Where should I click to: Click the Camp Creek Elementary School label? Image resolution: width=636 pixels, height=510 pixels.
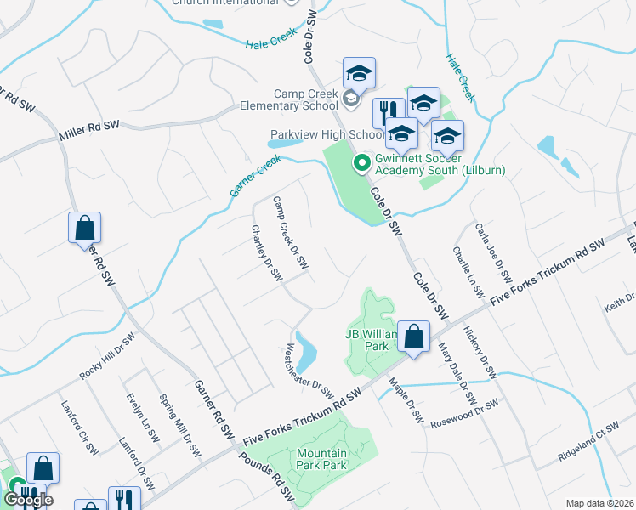pyautogui.click(x=306, y=99)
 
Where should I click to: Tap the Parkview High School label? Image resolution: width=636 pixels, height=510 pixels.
pyautogui.click(x=327, y=134)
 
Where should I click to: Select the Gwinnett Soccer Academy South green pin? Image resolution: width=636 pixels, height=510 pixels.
pyautogui.click(x=361, y=161)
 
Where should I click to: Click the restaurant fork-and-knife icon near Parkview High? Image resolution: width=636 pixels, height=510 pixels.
pyautogui.click(x=388, y=112)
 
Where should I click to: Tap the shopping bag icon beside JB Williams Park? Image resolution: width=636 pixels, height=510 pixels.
pyautogui.click(x=413, y=337)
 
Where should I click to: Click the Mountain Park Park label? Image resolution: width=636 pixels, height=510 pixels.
pyautogui.click(x=321, y=459)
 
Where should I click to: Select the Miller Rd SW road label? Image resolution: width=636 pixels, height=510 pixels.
pyautogui.click(x=88, y=131)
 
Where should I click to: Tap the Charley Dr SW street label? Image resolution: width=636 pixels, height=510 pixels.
pyautogui.click(x=266, y=253)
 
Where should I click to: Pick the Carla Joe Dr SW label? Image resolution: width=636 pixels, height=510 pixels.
pyautogui.click(x=494, y=254)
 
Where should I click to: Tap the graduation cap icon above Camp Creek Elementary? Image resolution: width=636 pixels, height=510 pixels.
pyautogui.click(x=359, y=73)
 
